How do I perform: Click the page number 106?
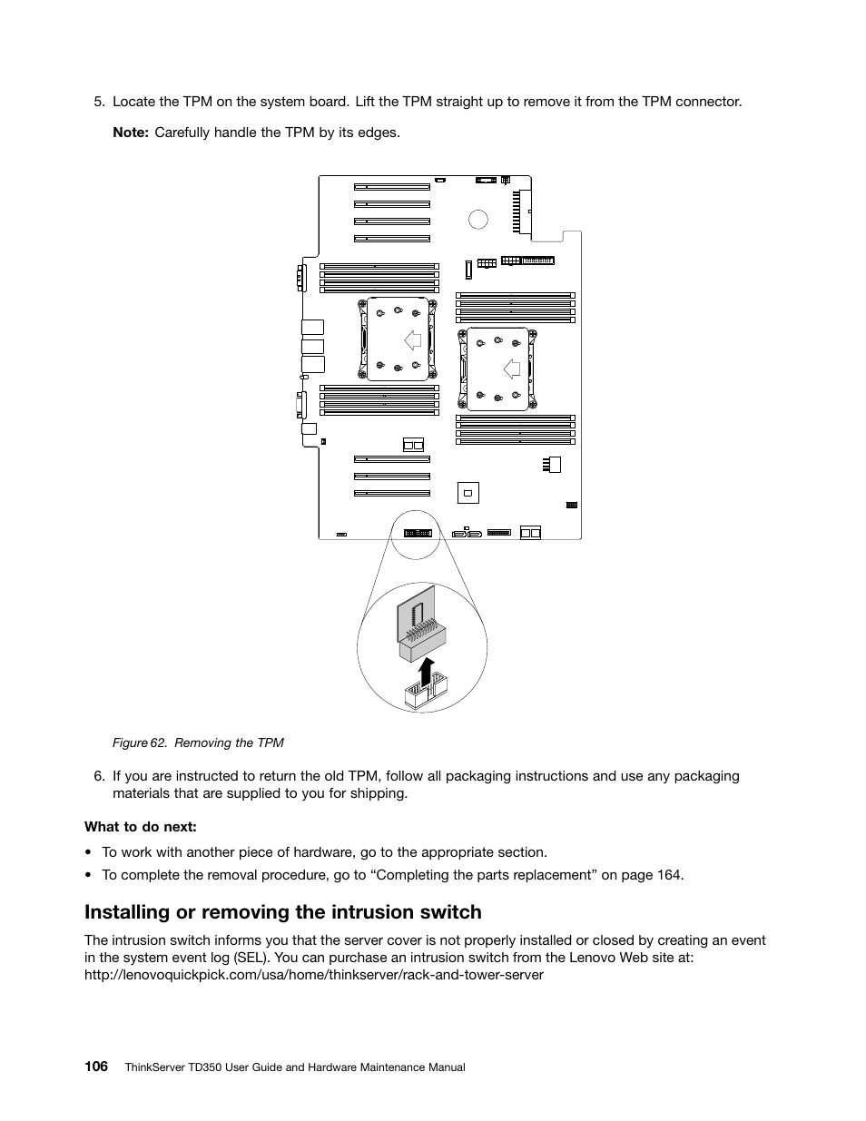tap(96, 1066)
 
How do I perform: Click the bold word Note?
tap(130, 133)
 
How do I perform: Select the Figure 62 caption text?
tap(198, 742)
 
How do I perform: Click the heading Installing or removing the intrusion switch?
tap(283, 911)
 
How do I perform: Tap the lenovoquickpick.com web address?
tap(314, 975)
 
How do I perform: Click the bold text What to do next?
tap(141, 826)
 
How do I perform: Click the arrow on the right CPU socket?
tap(512, 369)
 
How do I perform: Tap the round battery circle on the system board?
tap(478, 219)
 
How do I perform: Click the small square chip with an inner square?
tap(467, 493)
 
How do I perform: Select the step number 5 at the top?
tap(99, 102)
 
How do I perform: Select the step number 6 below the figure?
tap(99, 776)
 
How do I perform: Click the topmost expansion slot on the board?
tap(391, 186)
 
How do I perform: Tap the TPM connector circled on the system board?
tap(418, 533)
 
